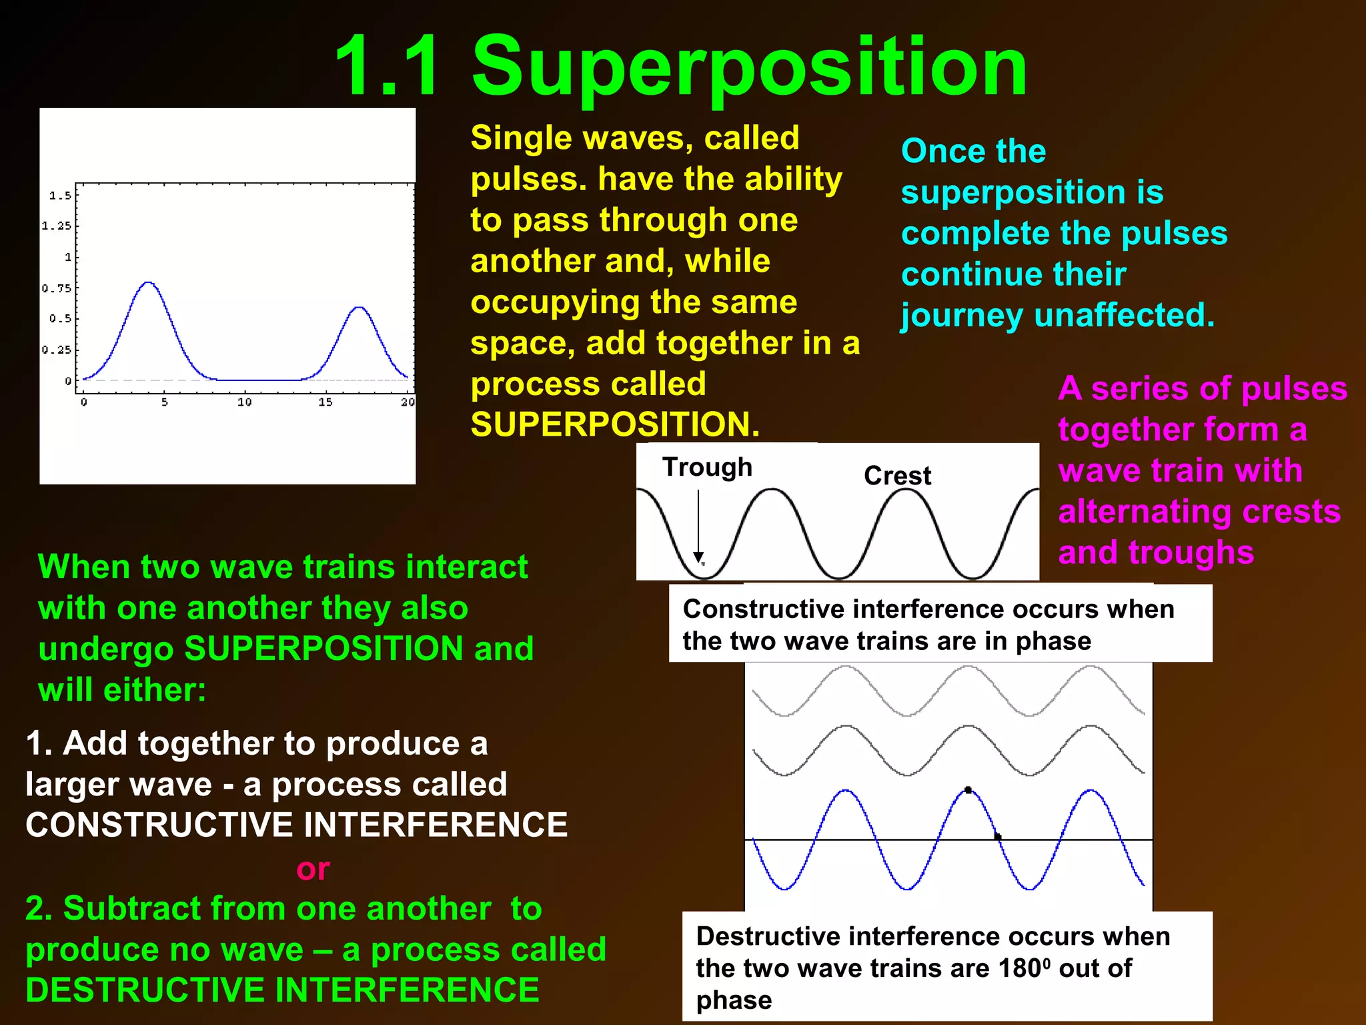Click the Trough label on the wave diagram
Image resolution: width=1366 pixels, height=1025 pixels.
(707, 467)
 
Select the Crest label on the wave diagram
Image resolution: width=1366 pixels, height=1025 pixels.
(897, 476)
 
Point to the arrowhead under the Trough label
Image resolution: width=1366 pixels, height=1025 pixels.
(698, 557)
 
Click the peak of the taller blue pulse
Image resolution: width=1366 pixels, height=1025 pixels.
(149, 283)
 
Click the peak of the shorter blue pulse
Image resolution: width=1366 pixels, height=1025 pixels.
(359, 308)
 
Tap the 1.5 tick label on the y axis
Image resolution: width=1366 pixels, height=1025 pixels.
(59, 196)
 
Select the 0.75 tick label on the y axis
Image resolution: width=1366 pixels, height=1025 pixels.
(56, 288)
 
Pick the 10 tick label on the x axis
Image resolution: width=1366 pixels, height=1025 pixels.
(244, 402)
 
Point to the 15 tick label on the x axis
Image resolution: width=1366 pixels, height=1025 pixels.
(325, 402)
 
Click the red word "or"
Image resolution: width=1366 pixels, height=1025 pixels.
(313, 869)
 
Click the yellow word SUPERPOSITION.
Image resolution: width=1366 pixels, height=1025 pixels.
(614, 424)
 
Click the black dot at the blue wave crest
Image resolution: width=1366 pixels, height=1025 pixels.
(968, 790)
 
